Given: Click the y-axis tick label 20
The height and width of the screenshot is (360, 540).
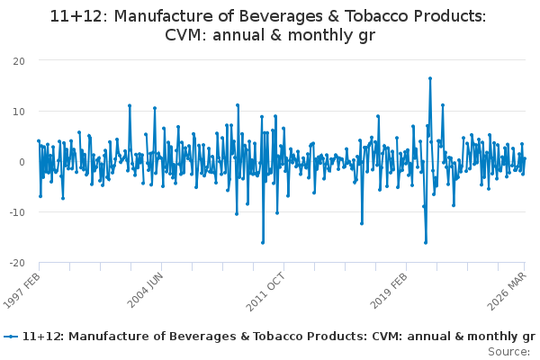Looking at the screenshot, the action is point(19,61).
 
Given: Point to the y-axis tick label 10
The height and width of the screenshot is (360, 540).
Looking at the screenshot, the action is point(19,112).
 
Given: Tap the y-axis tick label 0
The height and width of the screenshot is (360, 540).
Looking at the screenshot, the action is point(22,162).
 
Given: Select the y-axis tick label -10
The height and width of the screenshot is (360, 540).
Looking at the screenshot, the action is point(17,212).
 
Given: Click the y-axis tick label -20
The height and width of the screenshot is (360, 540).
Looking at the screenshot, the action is point(17,263).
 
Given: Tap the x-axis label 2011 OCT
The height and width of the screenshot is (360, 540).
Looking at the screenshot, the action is point(265,292).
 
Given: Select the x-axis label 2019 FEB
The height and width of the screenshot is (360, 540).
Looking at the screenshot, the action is point(389,291).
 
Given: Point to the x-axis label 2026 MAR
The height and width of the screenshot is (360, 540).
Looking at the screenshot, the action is point(507,292).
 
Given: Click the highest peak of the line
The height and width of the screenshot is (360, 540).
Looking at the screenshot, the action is point(430,78).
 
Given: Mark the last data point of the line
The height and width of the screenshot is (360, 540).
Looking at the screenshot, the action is point(525,158).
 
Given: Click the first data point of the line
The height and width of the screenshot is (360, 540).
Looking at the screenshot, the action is point(39,141).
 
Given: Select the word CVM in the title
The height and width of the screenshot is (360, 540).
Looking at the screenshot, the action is point(185,35).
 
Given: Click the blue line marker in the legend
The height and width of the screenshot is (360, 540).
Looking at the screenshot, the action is point(11,337).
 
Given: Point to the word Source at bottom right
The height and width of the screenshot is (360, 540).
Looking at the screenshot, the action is point(507,352).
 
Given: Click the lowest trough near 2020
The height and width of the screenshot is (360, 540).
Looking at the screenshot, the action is point(426,242).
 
